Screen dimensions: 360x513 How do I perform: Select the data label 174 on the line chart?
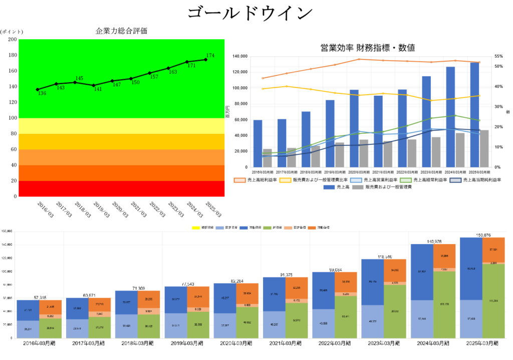click(x=210, y=56)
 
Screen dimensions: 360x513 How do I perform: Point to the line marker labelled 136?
click(x=38, y=90)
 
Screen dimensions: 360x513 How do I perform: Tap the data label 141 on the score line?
click(x=98, y=90)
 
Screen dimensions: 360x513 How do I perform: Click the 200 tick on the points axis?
click(x=11, y=40)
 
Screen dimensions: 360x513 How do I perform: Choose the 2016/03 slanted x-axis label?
click(x=46, y=210)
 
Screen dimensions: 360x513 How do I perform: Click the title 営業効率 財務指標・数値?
click(x=367, y=48)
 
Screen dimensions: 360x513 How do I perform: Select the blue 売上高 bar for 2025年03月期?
click(x=474, y=115)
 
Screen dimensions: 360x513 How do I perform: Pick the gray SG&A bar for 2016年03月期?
click(x=268, y=158)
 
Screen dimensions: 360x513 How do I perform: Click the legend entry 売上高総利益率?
click(x=255, y=179)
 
